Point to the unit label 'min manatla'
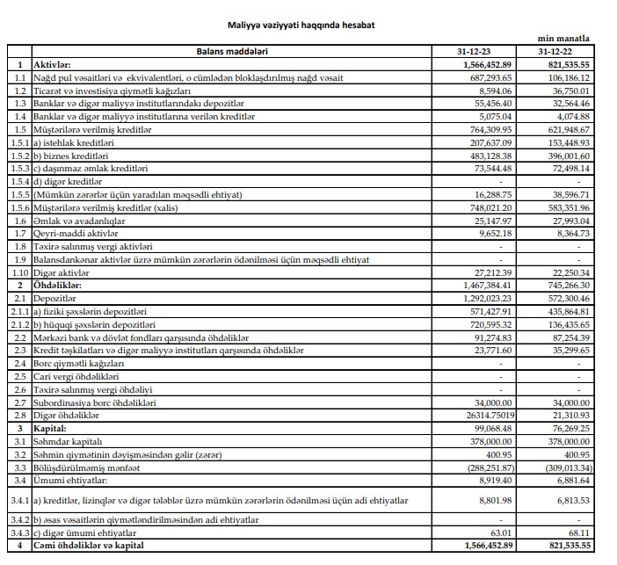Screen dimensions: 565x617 (563, 40)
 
